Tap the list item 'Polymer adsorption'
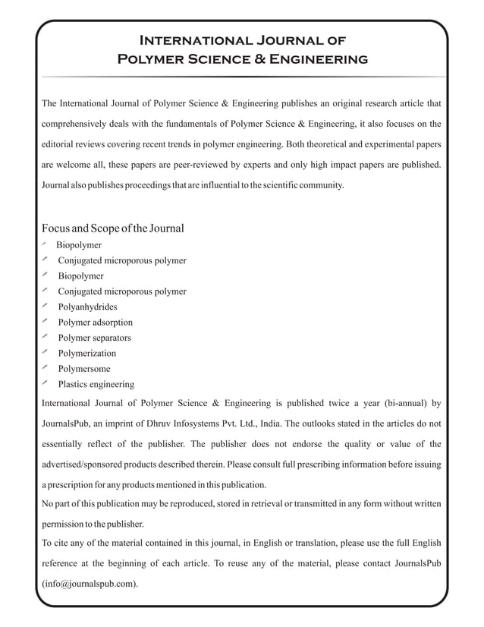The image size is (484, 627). pos(95,322)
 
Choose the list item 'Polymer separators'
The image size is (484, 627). pos(94,338)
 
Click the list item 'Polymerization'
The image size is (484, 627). pos(87,353)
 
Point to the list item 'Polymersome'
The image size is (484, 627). pos(84,368)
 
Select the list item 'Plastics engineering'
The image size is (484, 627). pos(96,384)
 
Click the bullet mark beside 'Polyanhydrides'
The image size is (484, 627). pos(46,306)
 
